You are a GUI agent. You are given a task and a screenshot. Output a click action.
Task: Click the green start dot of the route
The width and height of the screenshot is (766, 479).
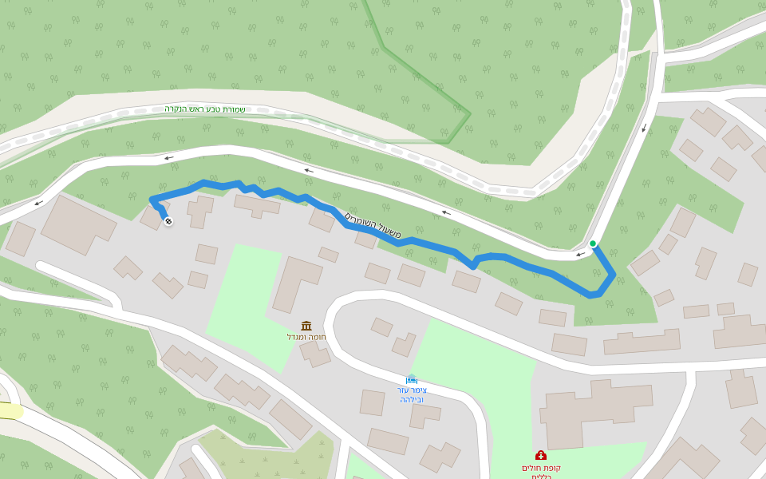click(593, 243)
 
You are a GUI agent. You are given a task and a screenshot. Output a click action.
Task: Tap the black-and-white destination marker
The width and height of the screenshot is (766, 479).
click(168, 221)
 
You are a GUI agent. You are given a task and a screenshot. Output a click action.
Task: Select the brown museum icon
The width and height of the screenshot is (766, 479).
click(306, 326)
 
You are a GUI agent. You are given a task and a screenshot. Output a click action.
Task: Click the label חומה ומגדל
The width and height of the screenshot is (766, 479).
click(306, 337)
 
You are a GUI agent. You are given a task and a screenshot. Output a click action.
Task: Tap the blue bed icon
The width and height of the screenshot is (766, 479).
click(412, 379)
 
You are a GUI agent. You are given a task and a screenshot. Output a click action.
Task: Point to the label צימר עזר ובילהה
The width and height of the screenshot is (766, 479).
click(412, 394)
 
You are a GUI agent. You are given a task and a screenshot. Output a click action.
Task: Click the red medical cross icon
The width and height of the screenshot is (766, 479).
click(541, 455)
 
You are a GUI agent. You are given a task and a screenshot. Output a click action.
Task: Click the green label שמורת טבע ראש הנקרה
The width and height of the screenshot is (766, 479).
click(205, 109)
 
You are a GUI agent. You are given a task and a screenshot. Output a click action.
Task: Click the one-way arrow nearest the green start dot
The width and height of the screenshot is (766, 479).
click(581, 254)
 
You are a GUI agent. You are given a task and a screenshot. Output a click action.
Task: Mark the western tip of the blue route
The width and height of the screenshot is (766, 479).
click(152, 199)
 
